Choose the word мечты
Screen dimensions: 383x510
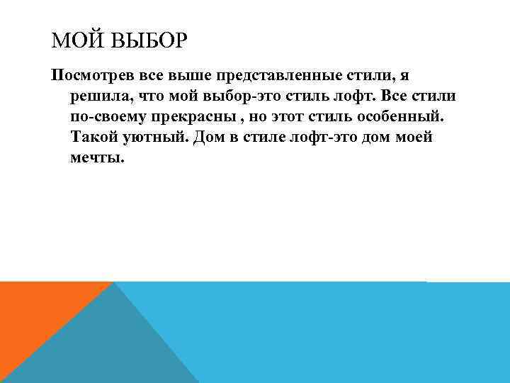pyautogui.click(x=97, y=157)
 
